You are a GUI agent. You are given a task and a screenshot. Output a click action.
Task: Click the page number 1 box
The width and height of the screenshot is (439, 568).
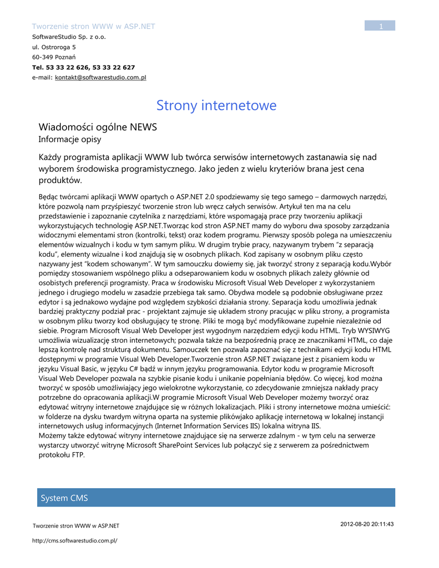pos(380,26)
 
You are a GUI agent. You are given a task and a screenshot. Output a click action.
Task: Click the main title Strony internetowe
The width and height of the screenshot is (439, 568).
pos(216,105)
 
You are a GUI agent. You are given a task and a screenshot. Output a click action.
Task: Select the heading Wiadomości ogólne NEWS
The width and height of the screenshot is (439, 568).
pos(98,128)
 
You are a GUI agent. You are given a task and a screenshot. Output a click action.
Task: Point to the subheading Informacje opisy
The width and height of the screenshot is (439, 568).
pos(69,140)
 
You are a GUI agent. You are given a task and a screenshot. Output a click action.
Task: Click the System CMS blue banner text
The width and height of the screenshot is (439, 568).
pos(64,498)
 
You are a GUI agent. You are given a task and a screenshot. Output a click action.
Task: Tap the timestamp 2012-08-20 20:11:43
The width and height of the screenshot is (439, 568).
pos(367,524)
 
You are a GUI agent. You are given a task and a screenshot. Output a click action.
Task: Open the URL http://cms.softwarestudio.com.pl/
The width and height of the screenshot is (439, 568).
pos(75,540)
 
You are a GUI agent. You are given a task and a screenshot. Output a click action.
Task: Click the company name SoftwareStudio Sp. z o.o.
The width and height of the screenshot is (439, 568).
pos(69,37)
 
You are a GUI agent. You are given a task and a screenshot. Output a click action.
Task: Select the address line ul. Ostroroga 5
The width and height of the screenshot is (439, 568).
pos(54,47)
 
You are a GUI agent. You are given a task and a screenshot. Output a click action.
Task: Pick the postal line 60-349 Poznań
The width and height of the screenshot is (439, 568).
pos(54,57)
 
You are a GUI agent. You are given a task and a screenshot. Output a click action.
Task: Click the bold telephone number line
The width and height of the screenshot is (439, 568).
pos(83,68)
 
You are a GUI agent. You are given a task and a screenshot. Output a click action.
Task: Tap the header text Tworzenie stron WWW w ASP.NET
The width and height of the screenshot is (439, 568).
pos(93,26)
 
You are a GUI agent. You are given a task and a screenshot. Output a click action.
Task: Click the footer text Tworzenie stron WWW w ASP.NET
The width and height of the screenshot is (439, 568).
pos(76,526)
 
